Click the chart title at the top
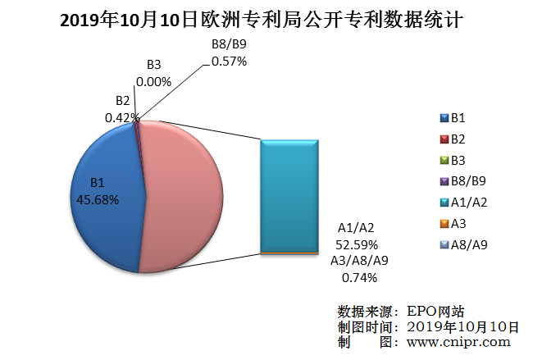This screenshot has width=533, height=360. pos(266,19)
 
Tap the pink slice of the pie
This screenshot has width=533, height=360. pos(184,197)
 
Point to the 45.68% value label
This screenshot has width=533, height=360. pos(98,199)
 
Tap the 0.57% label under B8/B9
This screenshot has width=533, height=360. pos(229,61)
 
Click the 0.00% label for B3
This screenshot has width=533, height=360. pos(153,82)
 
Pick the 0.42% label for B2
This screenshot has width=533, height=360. pos(122,117)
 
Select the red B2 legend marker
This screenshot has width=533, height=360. pos(444,139)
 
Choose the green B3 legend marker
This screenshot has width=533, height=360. pos(444,160)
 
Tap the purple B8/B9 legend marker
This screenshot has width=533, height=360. pos(444,181)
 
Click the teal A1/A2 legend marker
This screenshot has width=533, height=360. pos(444,203)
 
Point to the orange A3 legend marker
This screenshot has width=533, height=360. pos(444,223)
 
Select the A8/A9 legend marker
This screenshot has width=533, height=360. pos(444,244)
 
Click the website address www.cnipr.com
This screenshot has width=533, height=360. pos(458,343)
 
